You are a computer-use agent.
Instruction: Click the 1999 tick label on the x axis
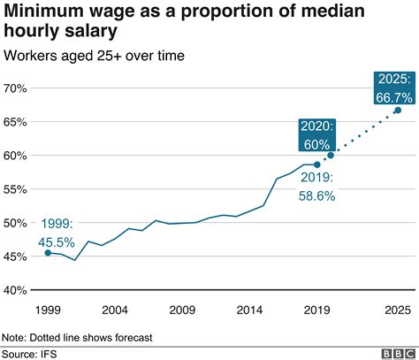coord(48,310)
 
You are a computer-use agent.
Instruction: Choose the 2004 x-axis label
coord(115,310)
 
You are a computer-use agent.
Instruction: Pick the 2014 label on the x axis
coord(250,310)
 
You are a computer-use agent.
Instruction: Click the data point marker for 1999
coord(48,253)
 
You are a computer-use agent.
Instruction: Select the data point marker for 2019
coord(317,165)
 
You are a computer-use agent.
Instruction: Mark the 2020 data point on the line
coord(331,156)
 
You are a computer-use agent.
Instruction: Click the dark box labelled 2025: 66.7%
coord(391,86)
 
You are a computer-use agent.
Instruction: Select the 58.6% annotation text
coord(317,196)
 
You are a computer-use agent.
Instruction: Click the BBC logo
coord(397,353)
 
